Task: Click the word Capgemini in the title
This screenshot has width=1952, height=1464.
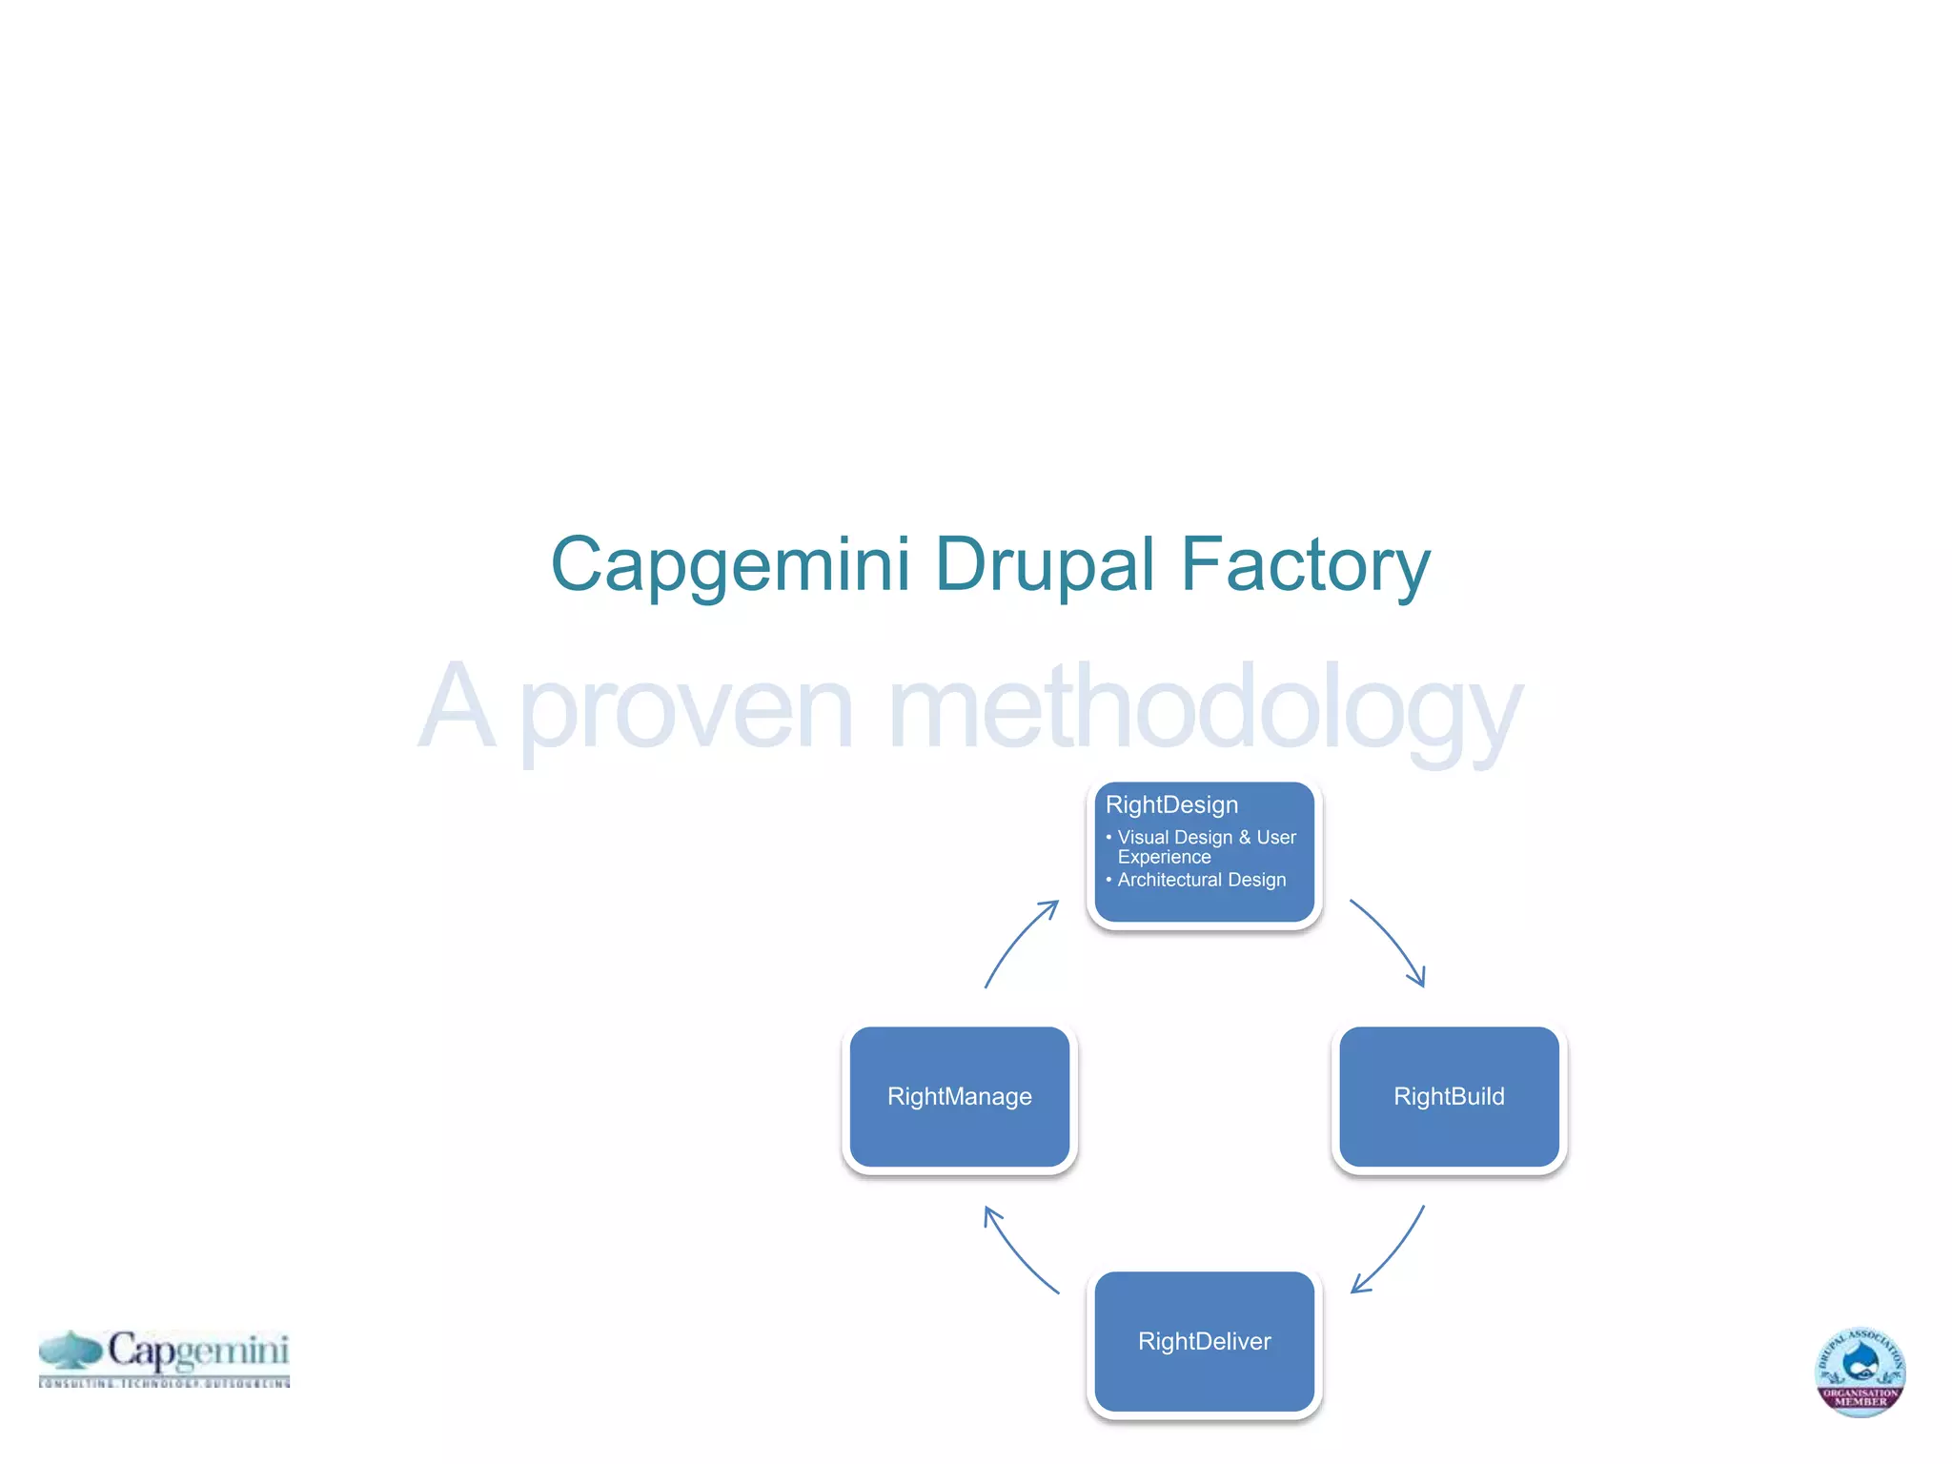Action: click(x=730, y=564)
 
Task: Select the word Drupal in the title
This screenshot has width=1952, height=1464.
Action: click(x=1046, y=564)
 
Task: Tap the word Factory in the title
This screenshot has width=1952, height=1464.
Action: click(x=1305, y=564)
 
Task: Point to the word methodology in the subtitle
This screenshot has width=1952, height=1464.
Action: click(x=1204, y=710)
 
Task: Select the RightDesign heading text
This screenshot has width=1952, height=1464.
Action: click(x=1171, y=805)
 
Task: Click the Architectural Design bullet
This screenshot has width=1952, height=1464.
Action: click(x=1201, y=880)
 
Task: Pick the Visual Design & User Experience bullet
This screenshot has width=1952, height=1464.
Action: click(x=1206, y=847)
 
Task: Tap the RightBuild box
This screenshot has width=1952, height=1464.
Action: click(x=1449, y=1097)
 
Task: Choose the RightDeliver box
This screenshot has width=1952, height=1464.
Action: click(x=1204, y=1341)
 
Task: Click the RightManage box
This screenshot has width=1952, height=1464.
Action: click(x=959, y=1097)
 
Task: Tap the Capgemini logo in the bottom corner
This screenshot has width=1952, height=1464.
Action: click(x=164, y=1357)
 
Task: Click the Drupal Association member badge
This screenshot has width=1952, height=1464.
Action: click(x=1860, y=1372)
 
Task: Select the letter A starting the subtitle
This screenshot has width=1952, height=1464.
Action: click(x=457, y=707)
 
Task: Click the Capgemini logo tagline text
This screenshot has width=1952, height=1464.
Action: click(x=164, y=1382)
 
